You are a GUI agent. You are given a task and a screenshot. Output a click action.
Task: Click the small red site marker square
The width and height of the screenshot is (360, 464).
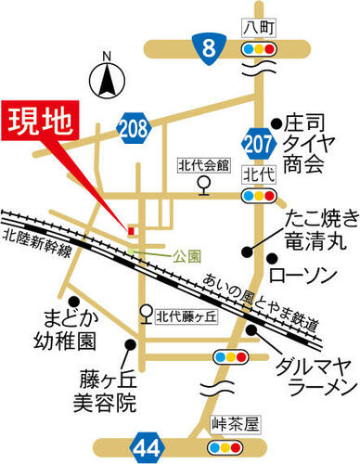(131, 228)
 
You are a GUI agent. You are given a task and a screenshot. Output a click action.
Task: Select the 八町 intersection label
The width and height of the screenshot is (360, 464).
(257, 27)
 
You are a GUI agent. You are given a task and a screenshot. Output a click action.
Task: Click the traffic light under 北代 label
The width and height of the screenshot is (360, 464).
(258, 196)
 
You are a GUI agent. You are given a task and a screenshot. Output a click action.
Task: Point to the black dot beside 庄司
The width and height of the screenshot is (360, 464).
(276, 122)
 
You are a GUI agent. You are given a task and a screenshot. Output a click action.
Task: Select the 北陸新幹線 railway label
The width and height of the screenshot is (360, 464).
(35, 244)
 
